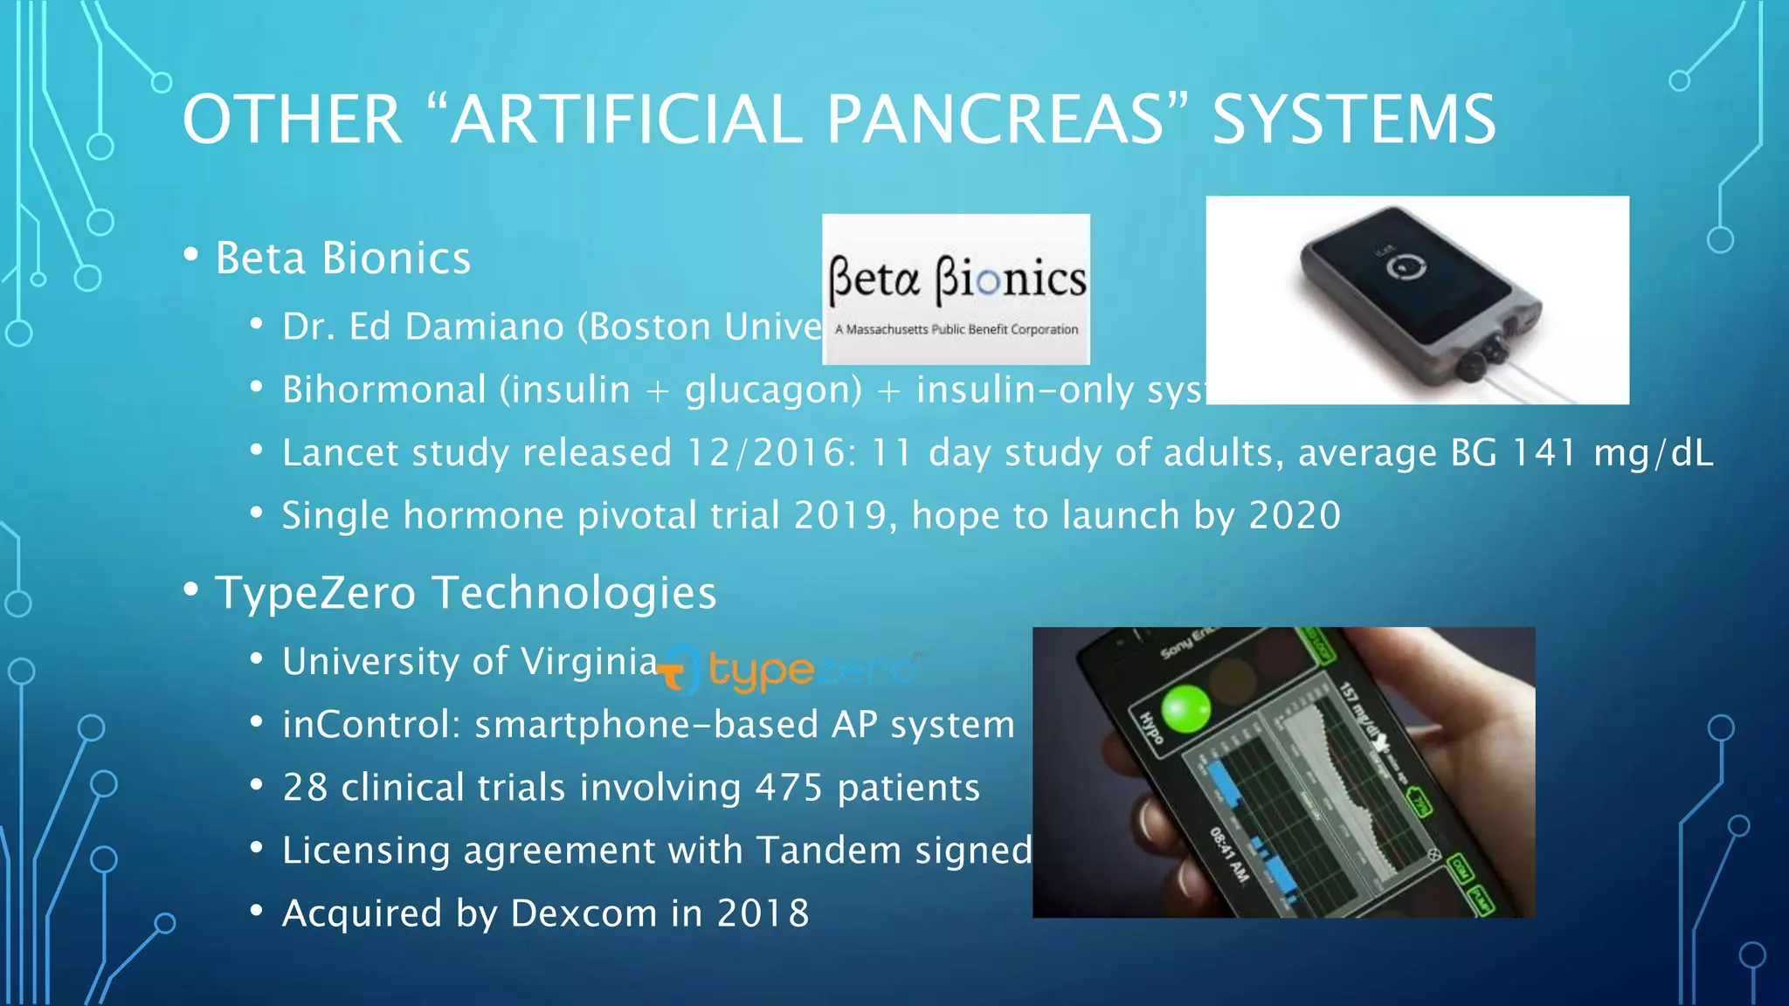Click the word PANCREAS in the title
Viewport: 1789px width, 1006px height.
pos(995,120)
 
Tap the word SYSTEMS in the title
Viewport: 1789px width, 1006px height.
pos(1354,120)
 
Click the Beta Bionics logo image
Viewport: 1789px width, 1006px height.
pos(956,289)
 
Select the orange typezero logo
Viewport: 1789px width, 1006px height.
pos(786,671)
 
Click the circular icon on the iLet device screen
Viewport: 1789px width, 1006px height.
pos(1406,266)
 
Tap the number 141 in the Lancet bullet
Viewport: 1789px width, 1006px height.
pos(1544,453)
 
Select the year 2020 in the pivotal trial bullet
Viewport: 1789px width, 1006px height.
pos(1295,516)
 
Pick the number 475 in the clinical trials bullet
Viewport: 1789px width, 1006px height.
pos(789,788)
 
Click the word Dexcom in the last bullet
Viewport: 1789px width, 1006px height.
pos(583,913)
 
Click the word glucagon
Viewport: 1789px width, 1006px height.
pos(773,390)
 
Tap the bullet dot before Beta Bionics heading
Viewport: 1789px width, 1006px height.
pos(191,255)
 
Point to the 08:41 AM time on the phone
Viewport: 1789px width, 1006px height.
pos(1229,854)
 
